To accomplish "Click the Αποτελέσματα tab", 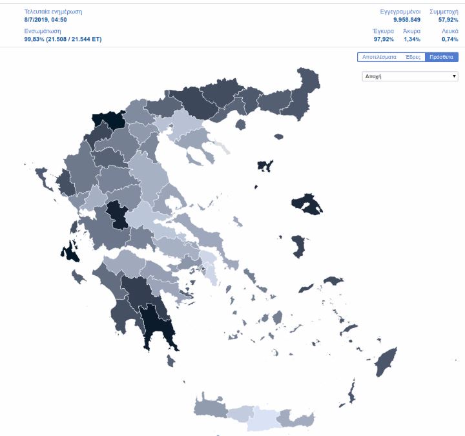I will coord(379,57).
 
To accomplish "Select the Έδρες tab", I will coord(413,57).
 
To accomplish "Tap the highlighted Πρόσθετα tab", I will coord(441,57).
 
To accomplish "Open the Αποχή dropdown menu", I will coord(410,76).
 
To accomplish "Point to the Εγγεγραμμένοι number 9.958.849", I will coord(407,20).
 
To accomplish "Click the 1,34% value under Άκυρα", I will coord(411,39).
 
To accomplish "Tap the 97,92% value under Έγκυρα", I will coord(384,39).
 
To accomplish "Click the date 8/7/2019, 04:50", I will coord(45,20).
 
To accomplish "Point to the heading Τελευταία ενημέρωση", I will coord(53,12).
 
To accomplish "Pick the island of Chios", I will coord(298,246).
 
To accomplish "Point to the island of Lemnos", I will coord(265,165).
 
